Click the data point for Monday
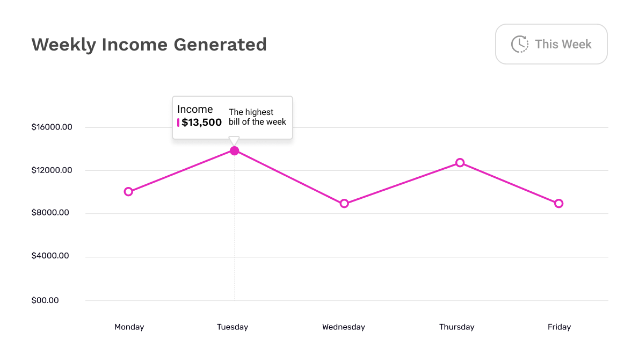pyautogui.click(x=128, y=192)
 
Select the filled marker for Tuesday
pyautogui.click(x=234, y=151)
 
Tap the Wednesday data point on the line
pyautogui.click(x=344, y=204)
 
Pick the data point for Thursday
pyautogui.click(x=460, y=163)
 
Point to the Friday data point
pyautogui.click(x=558, y=204)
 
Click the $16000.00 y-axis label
pyautogui.click(x=52, y=127)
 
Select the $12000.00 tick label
pyautogui.click(x=52, y=170)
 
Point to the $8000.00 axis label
pyautogui.click(x=50, y=213)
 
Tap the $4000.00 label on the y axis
pyautogui.click(x=50, y=256)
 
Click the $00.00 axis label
pyautogui.click(x=45, y=300)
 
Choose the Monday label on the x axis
pyautogui.click(x=129, y=327)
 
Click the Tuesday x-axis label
pyautogui.click(x=233, y=327)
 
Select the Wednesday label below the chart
pyautogui.click(x=344, y=327)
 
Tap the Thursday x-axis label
pyautogui.click(x=457, y=327)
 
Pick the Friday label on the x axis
pyautogui.click(x=560, y=327)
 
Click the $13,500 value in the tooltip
pyautogui.click(x=202, y=123)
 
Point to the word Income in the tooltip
pyautogui.click(x=195, y=109)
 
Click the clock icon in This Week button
pyautogui.click(x=519, y=44)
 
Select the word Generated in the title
pyautogui.click(x=220, y=44)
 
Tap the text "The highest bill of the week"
pyautogui.click(x=257, y=117)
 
